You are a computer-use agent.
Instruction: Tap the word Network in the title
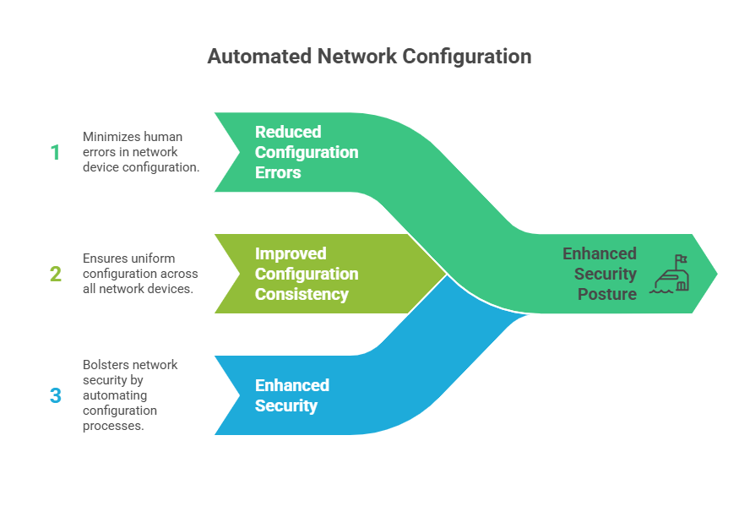[x=355, y=57]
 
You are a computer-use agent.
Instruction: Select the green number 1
[x=55, y=152]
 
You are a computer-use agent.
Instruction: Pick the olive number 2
[x=55, y=274]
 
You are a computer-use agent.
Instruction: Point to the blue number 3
[x=55, y=395]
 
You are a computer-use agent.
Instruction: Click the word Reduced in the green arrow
[x=288, y=132]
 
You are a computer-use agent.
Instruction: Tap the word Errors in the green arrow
[x=278, y=172]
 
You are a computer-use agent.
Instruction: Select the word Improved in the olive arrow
[x=291, y=253]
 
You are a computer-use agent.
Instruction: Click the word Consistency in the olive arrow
[x=302, y=294]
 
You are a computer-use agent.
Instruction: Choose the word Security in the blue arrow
[x=286, y=405]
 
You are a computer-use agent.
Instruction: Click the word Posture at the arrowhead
[x=607, y=294]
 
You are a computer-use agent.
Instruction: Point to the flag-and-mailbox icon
[x=670, y=274]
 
